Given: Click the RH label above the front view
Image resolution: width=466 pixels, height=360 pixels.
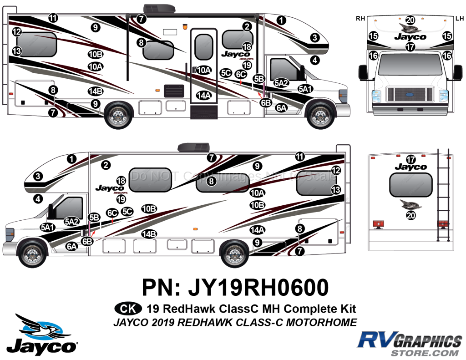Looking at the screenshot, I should coord(360,19).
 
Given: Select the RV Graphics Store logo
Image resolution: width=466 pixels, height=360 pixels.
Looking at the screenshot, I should coord(409,344).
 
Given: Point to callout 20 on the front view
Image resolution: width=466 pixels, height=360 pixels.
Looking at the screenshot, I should coord(410,20).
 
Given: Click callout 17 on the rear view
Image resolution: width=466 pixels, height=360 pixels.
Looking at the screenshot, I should coord(410,159).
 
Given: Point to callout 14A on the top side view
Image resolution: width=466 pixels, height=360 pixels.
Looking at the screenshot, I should coord(204,96).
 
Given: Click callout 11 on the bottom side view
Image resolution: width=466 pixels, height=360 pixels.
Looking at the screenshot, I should coord(299,156).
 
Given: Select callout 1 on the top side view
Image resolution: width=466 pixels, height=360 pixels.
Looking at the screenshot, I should coord(282,20).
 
